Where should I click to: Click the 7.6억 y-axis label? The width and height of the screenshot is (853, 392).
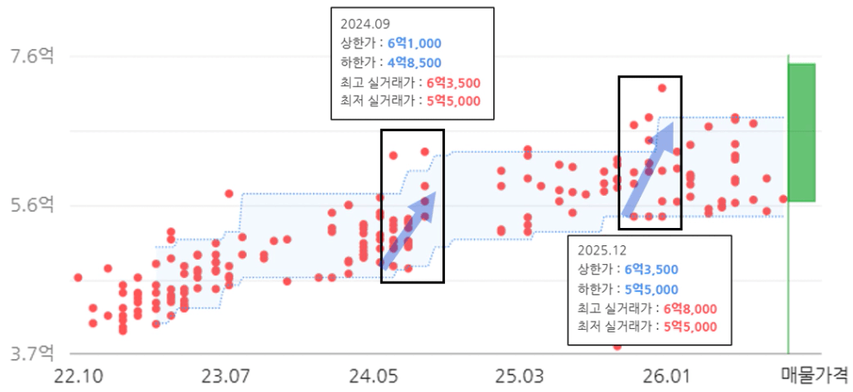click(33, 56)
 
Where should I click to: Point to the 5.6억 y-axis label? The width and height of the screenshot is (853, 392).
click(33, 205)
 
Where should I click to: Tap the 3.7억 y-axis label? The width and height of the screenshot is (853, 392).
click(33, 353)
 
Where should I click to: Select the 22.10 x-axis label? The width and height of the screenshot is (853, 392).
click(78, 376)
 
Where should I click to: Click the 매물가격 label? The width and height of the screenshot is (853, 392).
click(814, 375)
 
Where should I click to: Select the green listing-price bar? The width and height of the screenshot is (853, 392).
click(801, 132)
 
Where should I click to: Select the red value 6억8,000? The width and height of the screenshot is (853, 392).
click(690, 308)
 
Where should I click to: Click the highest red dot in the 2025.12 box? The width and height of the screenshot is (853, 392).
click(662, 88)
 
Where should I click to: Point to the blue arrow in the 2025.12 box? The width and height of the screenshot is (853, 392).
click(649, 168)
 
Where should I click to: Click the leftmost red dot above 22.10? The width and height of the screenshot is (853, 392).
click(78, 278)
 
